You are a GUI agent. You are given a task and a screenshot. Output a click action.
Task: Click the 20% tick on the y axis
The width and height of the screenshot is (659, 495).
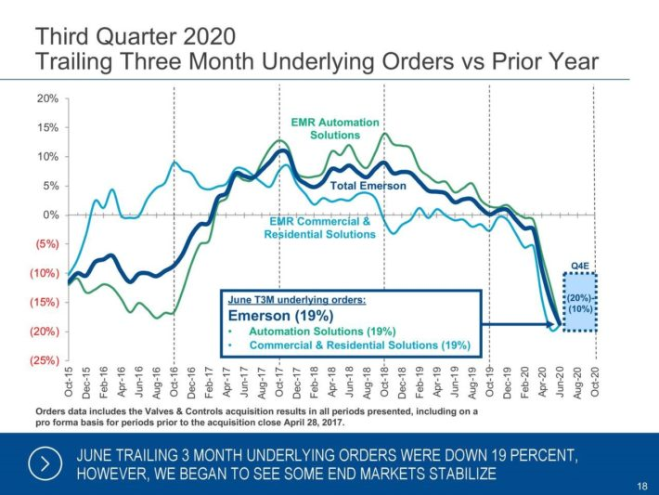pos(47,98)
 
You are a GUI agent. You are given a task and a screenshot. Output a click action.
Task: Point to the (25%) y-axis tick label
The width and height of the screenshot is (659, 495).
pos(45,359)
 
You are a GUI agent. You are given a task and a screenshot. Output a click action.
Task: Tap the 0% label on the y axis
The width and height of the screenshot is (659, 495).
pos(50,215)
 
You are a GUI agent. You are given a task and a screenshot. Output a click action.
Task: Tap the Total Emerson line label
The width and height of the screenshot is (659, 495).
pos(369,186)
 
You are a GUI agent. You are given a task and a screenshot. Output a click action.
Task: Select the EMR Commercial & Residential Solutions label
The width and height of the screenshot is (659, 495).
pos(320,228)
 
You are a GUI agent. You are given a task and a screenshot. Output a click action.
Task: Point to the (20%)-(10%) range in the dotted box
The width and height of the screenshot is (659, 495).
pos(580,302)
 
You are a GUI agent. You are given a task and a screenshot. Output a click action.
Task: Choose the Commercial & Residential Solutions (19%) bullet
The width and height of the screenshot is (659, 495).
pos(358,345)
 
